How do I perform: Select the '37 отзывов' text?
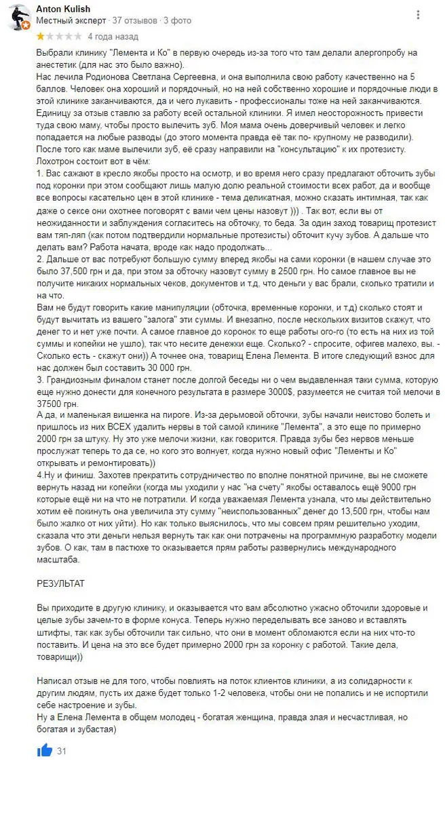(135, 20)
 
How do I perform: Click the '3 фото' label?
(178, 20)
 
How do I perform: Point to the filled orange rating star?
(40, 36)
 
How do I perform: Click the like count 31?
(62, 732)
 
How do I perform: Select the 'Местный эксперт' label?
(71, 20)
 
